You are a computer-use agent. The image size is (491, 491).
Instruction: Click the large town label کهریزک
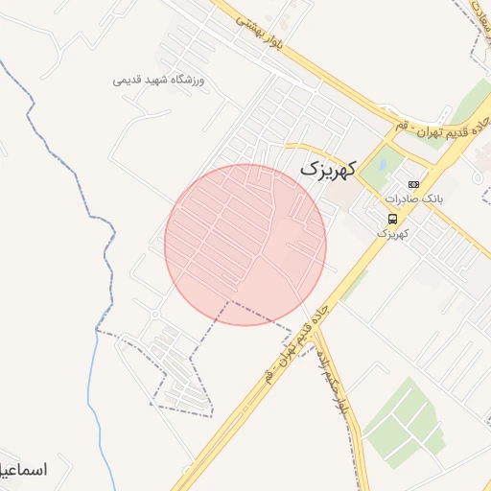327,167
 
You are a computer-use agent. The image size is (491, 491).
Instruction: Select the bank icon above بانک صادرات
413,184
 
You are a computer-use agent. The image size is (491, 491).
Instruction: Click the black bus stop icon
391,218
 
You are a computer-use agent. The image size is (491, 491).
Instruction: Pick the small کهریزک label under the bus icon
391,233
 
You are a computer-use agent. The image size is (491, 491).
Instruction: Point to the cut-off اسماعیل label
23,470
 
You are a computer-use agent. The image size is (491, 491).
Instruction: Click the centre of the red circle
245,245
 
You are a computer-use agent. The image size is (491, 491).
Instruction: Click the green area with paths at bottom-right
404,422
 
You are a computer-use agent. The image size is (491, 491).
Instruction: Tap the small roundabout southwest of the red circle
155,314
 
